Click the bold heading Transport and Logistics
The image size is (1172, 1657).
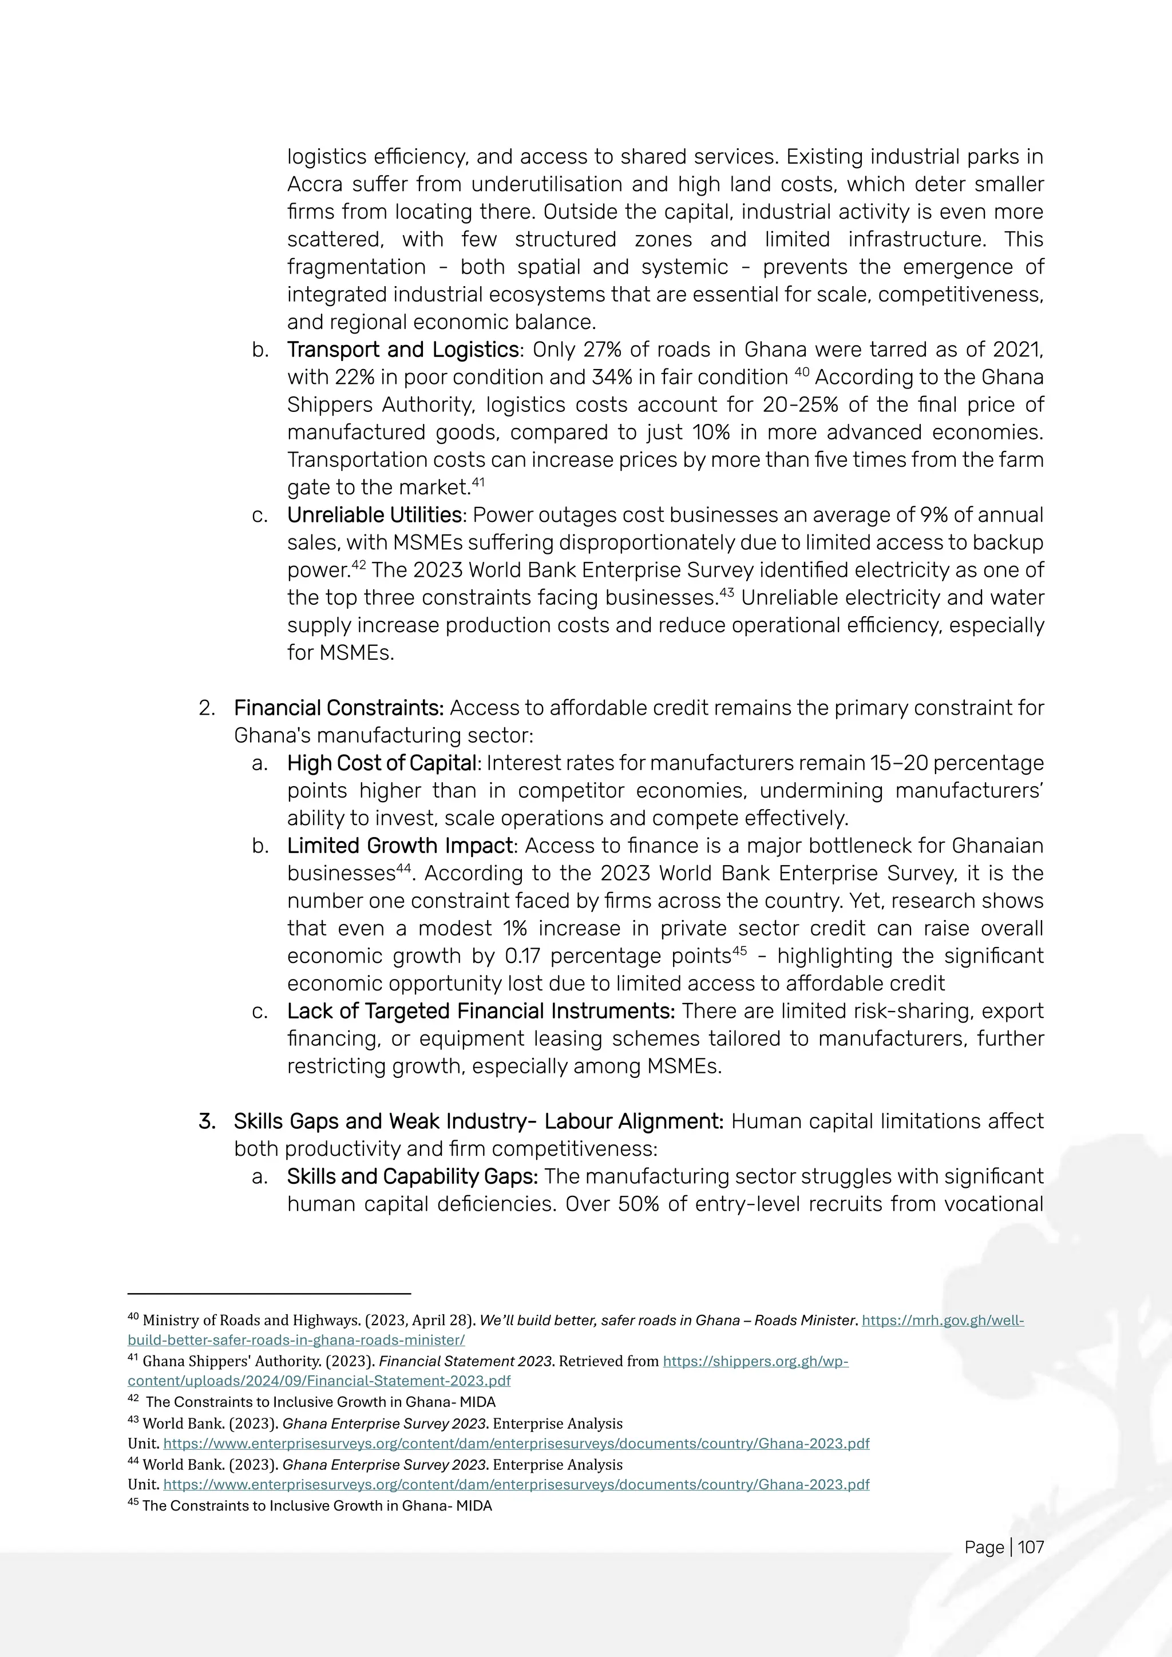pyautogui.click(x=403, y=350)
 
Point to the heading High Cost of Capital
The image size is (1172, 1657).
pyautogui.click(x=382, y=763)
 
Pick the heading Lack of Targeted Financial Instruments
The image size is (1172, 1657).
pyautogui.click(x=481, y=1011)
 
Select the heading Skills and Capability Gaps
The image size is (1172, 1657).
pyautogui.click(x=412, y=1176)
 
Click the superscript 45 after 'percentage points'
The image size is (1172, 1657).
pyautogui.click(x=740, y=951)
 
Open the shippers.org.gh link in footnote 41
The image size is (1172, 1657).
pyautogui.click(x=755, y=1361)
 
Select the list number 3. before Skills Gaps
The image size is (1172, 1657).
pyautogui.click(x=207, y=1121)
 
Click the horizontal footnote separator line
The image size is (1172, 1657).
pyautogui.click(x=268, y=1294)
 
